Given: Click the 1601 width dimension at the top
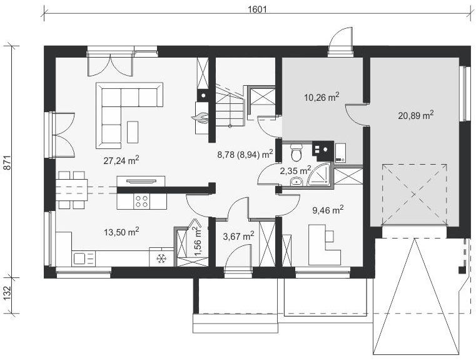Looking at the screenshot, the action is click(x=257, y=9).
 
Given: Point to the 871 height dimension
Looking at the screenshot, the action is click(x=8, y=162).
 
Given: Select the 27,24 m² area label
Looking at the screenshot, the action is click(x=121, y=160).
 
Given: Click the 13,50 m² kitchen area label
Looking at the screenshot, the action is click(x=121, y=232).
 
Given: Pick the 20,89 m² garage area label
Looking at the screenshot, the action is click(x=416, y=115).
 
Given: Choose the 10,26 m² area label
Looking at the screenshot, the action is click(x=322, y=97).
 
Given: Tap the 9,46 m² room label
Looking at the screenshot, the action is click(x=328, y=210).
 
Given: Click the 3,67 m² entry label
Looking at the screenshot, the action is click(x=238, y=236).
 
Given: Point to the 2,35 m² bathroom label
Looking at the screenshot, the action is click(x=295, y=170).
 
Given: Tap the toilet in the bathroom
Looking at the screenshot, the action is click(x=295, y=153).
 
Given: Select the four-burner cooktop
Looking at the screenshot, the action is click(x=142, y=201).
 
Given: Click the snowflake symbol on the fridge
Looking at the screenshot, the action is click(x=161, y=259).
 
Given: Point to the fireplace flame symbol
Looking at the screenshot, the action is click(x=200, y=118).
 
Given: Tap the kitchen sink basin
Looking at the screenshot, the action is click(x=79, y=259).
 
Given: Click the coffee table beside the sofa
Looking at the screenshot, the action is click(x=133, y=132).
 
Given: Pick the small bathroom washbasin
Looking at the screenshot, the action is click(x=295, y=182).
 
